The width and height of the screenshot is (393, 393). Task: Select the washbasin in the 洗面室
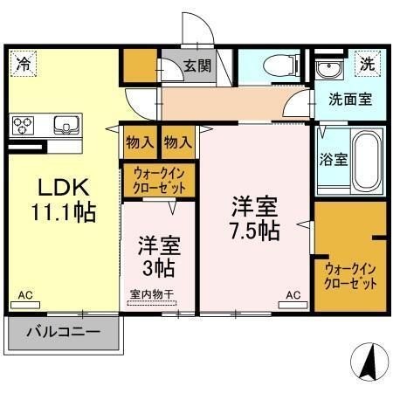[x=329, y=70]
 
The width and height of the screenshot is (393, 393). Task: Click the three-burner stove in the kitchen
[x=23, y=126]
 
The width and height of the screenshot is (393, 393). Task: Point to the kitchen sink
[x=66, y=125]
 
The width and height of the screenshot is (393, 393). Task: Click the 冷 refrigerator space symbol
[x=24, y=64]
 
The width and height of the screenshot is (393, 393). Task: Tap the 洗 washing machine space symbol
[x=368, y=64]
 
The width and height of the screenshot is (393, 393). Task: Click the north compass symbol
[x=369, y=362]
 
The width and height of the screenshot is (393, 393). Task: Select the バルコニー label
[x=64, y=332]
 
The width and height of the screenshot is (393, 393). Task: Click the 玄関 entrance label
[x=197, y=65]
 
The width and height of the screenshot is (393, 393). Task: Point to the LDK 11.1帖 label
[x=64, y=200]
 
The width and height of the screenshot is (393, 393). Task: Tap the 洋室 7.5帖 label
[x=255, y=218]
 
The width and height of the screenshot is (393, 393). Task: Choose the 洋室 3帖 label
[x=159, y=256]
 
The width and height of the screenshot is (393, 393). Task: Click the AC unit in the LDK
[x=25, y=305]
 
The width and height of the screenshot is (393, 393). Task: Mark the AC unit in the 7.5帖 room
[x=293, y=305]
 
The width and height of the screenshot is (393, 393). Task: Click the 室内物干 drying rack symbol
[x=152, y=303]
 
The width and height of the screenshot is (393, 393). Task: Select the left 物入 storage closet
[x=140, y=142]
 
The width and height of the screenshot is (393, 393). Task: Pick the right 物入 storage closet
[x=178, y=142]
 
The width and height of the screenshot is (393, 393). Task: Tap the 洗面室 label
[x=350, y=100]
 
